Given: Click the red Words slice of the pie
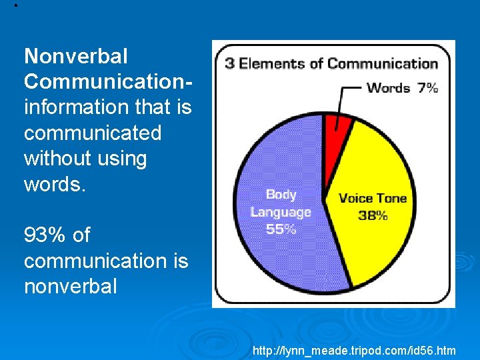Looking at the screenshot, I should coord(337,124).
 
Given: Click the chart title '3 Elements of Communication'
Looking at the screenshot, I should coord(331,64).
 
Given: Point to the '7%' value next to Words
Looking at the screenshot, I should coord(427,87).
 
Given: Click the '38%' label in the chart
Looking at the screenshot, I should coord(373,215).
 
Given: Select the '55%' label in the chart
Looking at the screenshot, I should coord(281,229).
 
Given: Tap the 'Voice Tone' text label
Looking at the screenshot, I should coord(372,198).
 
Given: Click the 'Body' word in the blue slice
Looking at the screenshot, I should coord(281,195).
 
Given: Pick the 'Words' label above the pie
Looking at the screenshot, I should coord(388,87).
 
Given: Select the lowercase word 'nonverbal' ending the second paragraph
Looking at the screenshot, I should coord(70,286).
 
